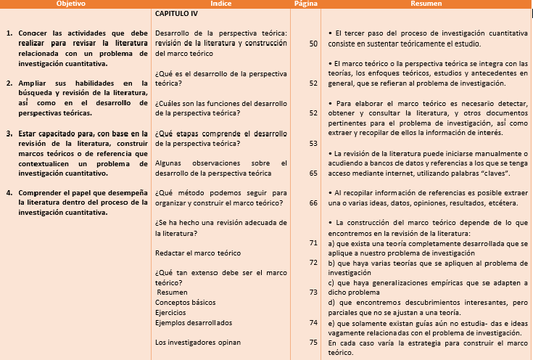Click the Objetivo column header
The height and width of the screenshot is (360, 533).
click(x=71, y=4)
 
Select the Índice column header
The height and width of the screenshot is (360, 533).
click(x=221, y=4)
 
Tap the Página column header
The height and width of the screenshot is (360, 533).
click(x=305, y=4)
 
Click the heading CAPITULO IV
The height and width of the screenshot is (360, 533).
click(x=176, y=13)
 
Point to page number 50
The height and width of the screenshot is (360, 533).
click(x=313, y=44)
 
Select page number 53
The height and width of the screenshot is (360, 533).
click(x=313, y=143)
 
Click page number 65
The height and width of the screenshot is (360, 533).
click(x=313, y=173)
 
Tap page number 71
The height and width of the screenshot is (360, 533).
click(x=313, y=242)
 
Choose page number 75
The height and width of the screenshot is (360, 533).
click(x=313, y=342)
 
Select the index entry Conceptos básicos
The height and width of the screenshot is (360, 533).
click(x=186, y=302)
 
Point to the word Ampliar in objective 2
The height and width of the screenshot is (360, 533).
click(x=33, y=83)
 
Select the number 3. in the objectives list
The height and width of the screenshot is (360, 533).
click(x=9, y=134)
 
